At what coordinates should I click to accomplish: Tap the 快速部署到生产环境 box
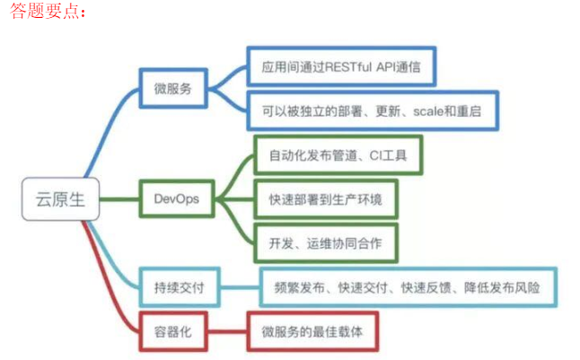click(325, 198)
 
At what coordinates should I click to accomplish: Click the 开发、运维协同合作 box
click(325, 242)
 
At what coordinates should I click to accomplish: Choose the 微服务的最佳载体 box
click(314, 330)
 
